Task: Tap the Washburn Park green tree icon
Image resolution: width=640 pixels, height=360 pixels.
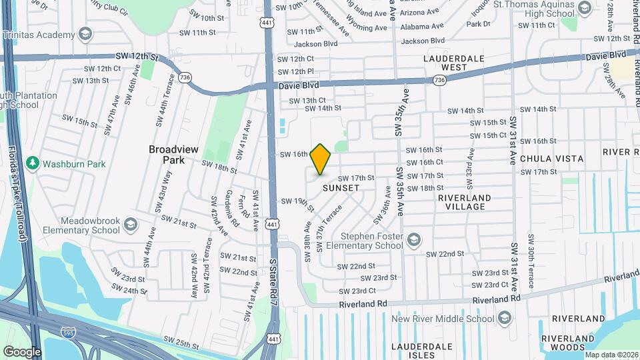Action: (32, 163)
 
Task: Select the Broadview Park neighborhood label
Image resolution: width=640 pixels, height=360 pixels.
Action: (173, 155)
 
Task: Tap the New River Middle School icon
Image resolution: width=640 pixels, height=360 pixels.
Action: (505, 319)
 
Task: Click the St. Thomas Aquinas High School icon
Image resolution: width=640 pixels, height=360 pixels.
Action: (585, 8)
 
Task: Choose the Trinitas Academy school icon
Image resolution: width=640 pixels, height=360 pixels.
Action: (85, 33)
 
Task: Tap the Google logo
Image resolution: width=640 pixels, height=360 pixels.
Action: (21, 351)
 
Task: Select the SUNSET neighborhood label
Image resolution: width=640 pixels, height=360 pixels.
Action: (341, 188)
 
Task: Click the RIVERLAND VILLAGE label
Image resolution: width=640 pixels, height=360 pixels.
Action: (465, 202)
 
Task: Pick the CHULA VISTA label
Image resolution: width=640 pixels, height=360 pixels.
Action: (551, 159)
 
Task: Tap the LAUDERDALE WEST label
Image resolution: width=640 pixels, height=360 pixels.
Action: (453, 63)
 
